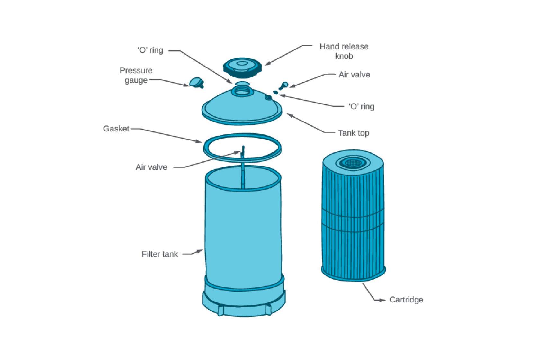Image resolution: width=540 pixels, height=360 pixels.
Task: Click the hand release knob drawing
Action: [x=242, y=67]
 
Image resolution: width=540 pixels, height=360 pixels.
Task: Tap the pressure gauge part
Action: [x=196, y=82]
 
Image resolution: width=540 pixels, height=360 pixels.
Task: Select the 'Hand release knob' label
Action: [x=344, y=51]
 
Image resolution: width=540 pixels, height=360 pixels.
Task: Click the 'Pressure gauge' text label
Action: [x=136, y=75]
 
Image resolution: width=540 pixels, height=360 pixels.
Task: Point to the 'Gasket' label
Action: [x=116, y=129]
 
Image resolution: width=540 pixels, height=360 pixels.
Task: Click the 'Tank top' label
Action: [x=354, y=133]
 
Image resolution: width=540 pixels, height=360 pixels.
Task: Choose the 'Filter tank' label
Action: [x=159, y=254]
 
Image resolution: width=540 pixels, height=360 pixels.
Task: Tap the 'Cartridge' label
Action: [x=406, y=300]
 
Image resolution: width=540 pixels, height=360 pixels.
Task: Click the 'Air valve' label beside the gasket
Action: [x=151, y=167]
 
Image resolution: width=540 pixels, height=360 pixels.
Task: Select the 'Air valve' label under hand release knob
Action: [x=354, y=75]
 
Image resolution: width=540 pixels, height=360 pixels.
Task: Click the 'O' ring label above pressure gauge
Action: [x=150, y=50]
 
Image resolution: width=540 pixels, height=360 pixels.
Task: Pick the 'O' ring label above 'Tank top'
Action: [x=361, y=106]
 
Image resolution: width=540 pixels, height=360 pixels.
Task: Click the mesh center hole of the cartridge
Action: [x=352, y=163]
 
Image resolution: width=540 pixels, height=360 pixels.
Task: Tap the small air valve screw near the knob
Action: [x=284, y=85]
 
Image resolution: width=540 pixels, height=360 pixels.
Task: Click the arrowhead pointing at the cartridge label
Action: [x=382, y=300]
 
